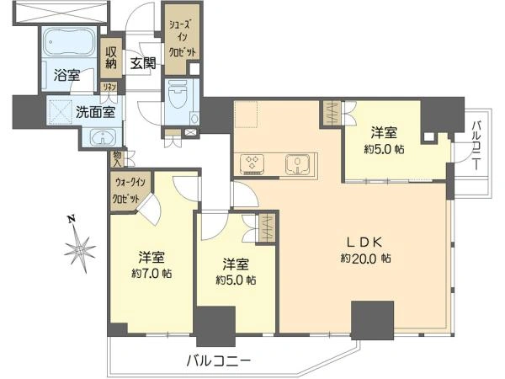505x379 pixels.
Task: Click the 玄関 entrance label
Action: tap(142, 62)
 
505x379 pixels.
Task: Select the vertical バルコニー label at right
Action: tap(476, 144)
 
